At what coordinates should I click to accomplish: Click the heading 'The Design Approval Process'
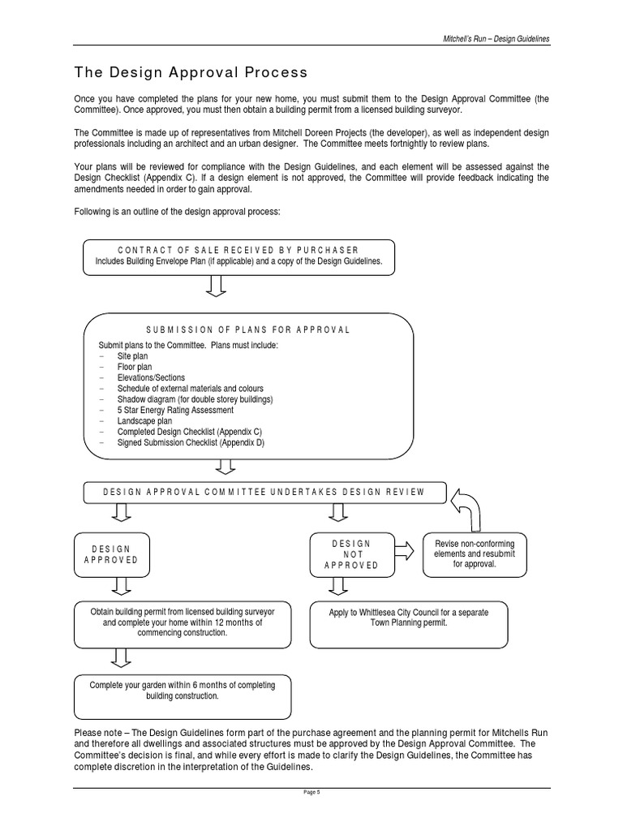pos(191,72)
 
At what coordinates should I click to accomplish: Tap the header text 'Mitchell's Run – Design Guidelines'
pos(496,38)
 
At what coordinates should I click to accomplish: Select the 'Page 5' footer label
pos(312,793)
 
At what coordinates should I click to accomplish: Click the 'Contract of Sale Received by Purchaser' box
pos(238,256)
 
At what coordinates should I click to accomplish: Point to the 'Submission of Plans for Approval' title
pos(247,330)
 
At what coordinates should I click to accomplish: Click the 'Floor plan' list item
pos(134,367)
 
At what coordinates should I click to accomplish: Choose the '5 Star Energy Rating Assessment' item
pos(174,411)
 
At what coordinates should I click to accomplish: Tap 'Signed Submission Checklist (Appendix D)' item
pos(190,443)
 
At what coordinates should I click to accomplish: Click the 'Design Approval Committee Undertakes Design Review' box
pos(265,493)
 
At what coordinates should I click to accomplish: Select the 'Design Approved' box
pos(111,555)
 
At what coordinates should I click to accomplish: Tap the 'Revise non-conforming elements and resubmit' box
pos(475,553)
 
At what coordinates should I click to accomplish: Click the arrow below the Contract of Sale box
pos(217,286)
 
